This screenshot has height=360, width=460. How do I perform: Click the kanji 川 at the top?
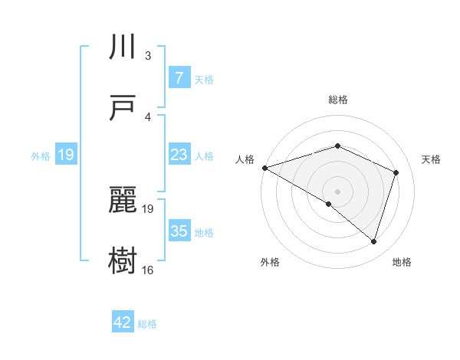pyautogui.click(x=124, y=47)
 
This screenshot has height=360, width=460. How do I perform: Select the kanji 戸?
pyautogui.click(x=124, y=108)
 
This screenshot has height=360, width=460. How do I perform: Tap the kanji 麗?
pyautogui.click(x=124, y=200)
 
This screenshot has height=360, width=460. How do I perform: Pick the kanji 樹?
pyautogui.click(x=124, y=260)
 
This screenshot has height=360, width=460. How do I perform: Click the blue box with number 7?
pyautogui.click(x=179, y=78)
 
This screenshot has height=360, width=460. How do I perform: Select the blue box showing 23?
pyautogui.click(x=179, y=155)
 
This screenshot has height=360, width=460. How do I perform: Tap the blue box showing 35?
pyautogui.click(x=179, y=231)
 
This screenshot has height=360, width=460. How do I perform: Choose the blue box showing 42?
pyautogui.click(x=123, y=322)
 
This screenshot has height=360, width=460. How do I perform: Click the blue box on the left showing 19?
pyautogui.click(x=66, y=155)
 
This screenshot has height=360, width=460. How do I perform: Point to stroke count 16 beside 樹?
pyautogui.click(x=147, y=270)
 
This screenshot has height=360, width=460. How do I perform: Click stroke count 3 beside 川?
pyautogui.click(x=148, y=56)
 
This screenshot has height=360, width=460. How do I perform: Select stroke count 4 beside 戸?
pyautogui.click(x=148, y=116)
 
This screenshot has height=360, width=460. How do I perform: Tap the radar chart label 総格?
pyautogui.click(x=338, y=100)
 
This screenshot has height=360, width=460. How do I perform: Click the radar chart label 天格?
pyautogui.click(x=432, y=159)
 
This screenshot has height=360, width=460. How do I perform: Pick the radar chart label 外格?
pyautogui.click(x=270, y=262)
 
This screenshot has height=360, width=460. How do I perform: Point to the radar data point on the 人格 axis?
pyautogui.click(x=264, y=167)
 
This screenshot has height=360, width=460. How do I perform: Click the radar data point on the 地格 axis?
pyautogui.click(x=373, y=242)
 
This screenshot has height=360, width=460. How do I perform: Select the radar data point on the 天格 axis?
pyautogui.click(x=396, y=172)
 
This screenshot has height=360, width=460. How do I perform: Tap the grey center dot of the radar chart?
pyautogui.click(x=337, y=191)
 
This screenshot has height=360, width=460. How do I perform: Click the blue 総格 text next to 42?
pyautogui.click(x=147, y=324)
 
